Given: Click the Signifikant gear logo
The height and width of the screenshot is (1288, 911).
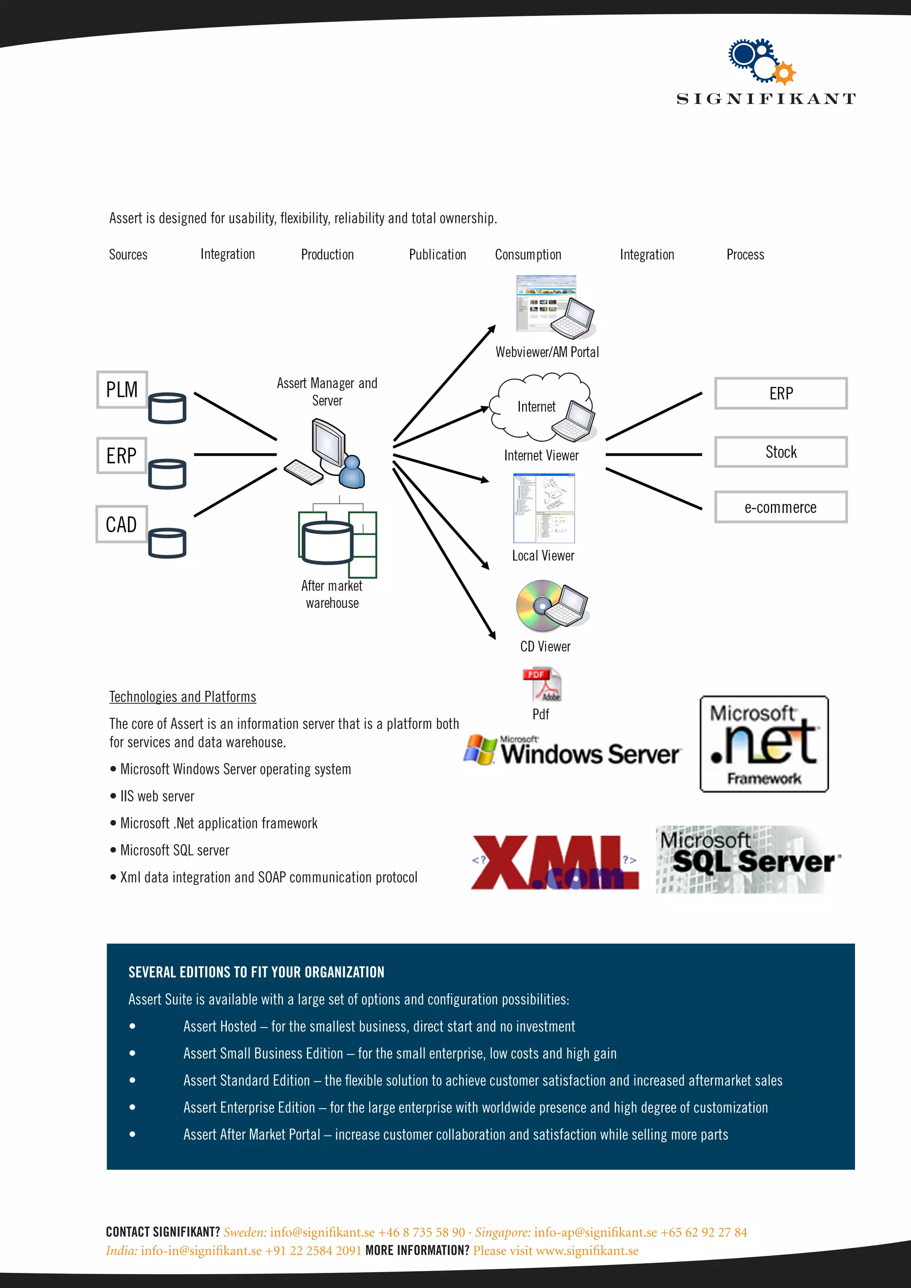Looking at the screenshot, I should (x=761, y=60).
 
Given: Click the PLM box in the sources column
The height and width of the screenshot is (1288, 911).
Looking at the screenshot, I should (x=122, y=389).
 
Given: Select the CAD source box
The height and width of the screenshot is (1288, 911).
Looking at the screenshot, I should (x=121, y=524).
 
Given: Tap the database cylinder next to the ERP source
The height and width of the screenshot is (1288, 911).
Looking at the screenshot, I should (x=167, y=474).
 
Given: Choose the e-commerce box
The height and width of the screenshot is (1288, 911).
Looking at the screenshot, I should (x=780, y=507).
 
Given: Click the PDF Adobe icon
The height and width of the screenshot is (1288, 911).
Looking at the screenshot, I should (x=542, y=684).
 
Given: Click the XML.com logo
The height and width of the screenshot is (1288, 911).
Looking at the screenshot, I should (x=554, y=863).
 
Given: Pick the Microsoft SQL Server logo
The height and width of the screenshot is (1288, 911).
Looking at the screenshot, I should (x=748, y=859).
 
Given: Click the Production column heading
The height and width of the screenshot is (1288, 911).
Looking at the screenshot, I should (x=327, y=255).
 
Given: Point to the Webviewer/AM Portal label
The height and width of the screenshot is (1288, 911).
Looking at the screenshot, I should (x=547, y=352).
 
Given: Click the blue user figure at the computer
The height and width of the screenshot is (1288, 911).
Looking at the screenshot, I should (x=352, y=473).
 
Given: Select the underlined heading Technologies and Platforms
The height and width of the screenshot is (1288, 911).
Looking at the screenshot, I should (x=182, y=697).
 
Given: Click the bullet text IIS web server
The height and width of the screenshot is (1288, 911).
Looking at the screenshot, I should (x=157, y=797).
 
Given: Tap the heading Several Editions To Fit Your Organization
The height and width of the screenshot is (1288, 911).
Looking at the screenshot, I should (x=256, y=972).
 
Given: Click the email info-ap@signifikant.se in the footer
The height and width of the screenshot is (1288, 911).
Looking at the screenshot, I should (x=595, y=1232).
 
